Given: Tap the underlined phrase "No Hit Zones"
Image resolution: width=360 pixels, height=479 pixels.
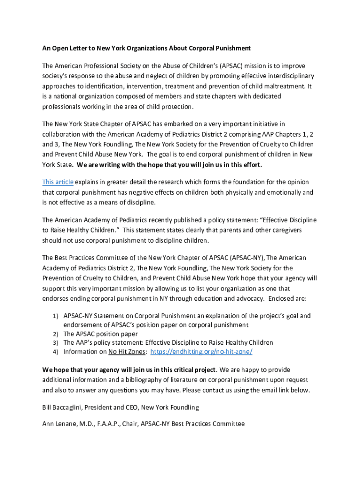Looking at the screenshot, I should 127,352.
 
